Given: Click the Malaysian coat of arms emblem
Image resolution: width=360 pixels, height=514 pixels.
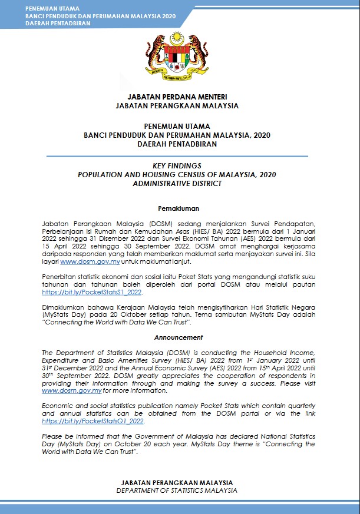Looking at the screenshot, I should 177,57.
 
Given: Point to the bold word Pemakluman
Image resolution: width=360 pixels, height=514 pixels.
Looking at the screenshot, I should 179,208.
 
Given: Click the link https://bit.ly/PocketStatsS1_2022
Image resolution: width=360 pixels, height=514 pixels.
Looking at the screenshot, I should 91,292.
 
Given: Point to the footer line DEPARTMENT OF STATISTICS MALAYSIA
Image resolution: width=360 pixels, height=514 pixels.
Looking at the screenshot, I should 177,490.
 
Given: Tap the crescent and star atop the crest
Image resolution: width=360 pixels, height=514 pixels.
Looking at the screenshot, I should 177,39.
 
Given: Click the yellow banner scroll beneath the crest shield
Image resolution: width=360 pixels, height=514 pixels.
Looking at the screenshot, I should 177,77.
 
